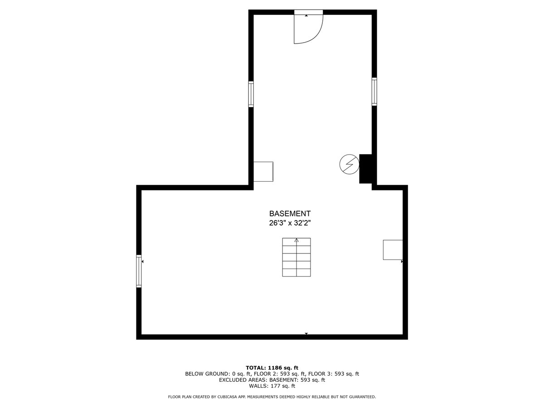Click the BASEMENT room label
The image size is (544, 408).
click(x=290, y=214)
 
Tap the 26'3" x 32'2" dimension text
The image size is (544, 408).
click(x=290, y=223)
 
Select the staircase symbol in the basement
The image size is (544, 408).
click(x=296, y=257)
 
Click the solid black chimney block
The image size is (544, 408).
click(x=366, y=169)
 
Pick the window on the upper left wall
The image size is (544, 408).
click(x=251, y=94)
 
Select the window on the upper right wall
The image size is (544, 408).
click(x=374, y=92)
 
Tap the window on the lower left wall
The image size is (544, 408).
click(x=139, y=271)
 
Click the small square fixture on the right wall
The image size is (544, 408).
click(x=393, y=250)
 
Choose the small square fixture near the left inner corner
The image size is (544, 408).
click(x=263, y=171)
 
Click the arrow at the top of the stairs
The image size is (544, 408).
click(x=296, y=240)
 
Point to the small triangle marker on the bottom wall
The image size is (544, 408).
click(x=306, y=334)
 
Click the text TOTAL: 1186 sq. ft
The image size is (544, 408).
click(x=272, y=368)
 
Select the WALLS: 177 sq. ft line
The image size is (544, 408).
click(x=272, y=386)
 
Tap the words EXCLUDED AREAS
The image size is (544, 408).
click(x=243, y=380)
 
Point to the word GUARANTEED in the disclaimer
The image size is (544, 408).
click(x=361, y=397)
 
